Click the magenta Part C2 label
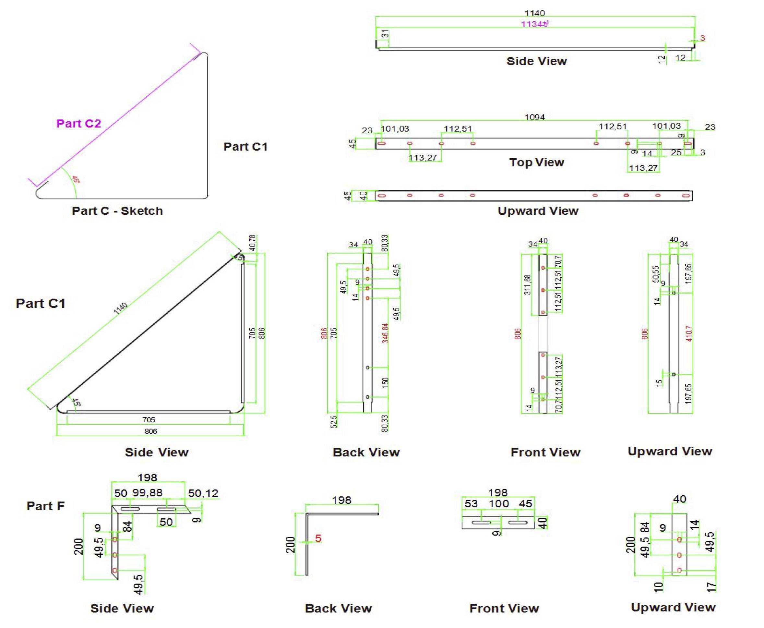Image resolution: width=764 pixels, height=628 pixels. tap(78, 124)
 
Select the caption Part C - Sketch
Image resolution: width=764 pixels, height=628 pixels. tap(117, 211)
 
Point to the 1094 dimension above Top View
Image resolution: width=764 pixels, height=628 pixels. tap(534, 117)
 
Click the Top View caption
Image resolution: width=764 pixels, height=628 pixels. tap(537, 163)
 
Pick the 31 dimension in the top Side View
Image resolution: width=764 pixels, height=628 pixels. tap(386, 34)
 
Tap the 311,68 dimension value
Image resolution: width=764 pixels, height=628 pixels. tap(528, 285)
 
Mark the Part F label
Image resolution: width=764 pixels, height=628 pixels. tap(45, 506)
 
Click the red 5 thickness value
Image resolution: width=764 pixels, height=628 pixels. tap(318, 539)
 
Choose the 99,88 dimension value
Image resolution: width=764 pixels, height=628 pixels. tap(147, 493)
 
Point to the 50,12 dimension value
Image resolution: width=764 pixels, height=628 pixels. tap(203, 493)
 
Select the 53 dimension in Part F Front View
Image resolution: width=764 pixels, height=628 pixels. tap(471, 504)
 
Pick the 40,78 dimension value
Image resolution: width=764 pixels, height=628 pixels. tap(252, 243)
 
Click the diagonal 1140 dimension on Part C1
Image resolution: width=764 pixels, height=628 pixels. tap(120, 308)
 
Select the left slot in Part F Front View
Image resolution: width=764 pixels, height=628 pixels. tap(481, 522)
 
